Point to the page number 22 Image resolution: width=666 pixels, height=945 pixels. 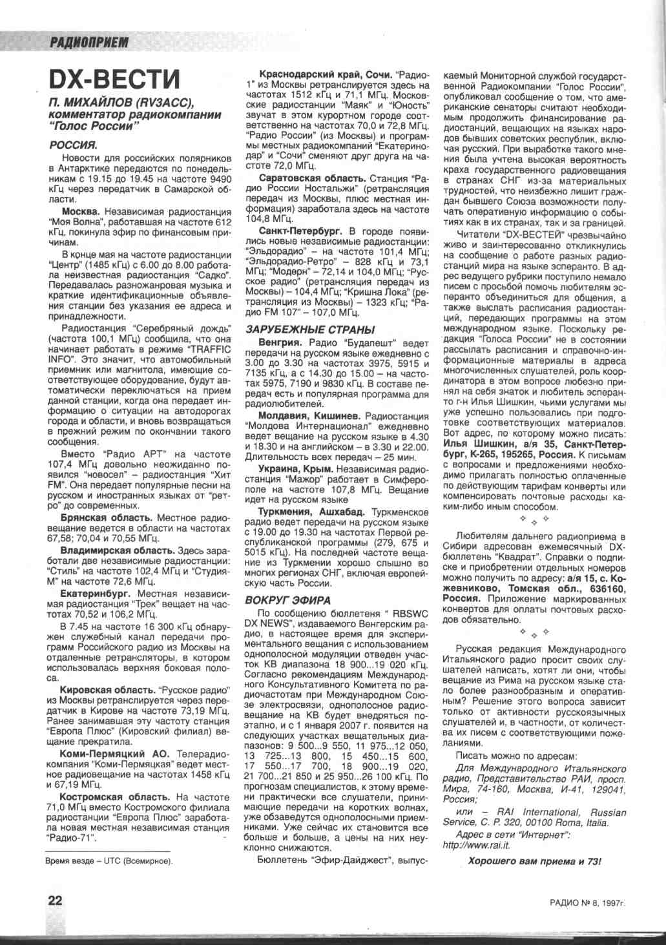54,900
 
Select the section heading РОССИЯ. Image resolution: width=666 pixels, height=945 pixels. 74,145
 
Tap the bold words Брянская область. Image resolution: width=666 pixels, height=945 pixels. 107,518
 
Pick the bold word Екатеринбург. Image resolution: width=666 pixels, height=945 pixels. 95,593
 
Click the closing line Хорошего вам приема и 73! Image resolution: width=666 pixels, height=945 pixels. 534,861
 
